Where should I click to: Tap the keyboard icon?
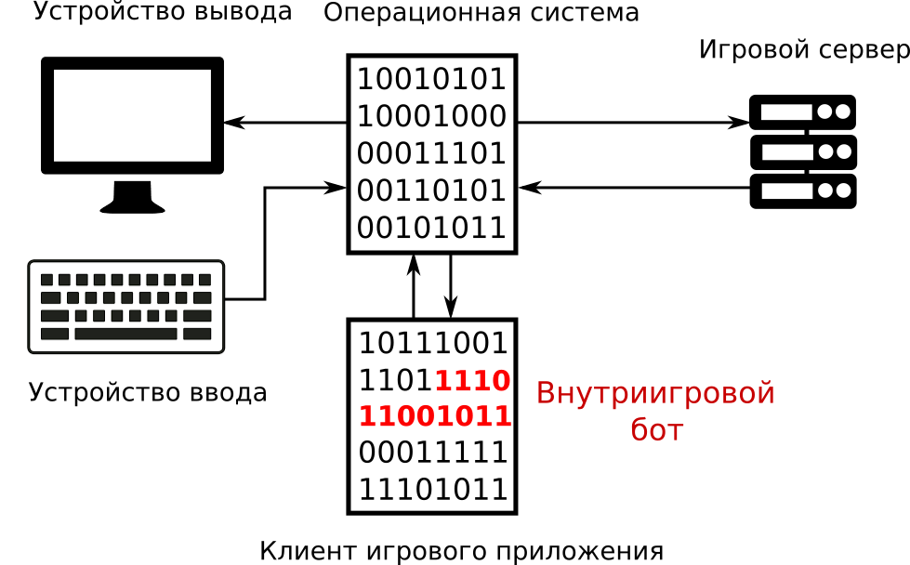(x=126, y=307)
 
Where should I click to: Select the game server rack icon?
(x=802, y=151)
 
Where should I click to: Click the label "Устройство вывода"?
(x=163, y=12)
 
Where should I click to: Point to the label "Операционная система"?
(x=481, y=13)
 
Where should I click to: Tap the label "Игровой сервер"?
(x=803, y=50)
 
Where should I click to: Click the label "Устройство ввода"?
(x=148, y=392)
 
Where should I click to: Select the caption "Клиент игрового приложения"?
(x=461, y=550)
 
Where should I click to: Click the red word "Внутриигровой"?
(x=655, y=393)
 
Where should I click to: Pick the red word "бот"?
(x=656, y=430)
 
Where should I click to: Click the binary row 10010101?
(x=431, y=79)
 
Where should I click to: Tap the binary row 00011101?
(x=431, y=153)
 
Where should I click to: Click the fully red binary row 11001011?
(x=434, y=415)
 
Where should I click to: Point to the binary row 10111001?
(x=433, y=343)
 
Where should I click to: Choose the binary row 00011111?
(x=433, y=453)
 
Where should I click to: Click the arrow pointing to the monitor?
(x=284, y=123)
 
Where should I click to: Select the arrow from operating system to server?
(x=632, y=123)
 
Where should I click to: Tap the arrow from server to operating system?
(x=632, y=188)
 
